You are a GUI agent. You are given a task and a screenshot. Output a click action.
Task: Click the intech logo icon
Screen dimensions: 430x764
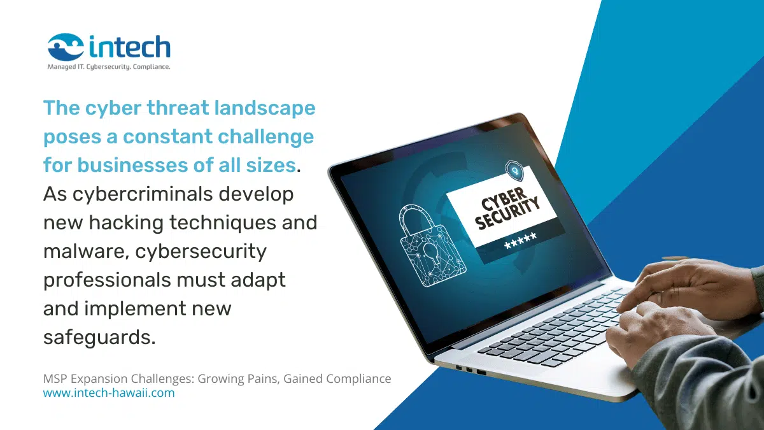pos(66,47)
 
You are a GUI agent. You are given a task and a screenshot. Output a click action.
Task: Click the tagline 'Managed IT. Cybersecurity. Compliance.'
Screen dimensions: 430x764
pos(109,66)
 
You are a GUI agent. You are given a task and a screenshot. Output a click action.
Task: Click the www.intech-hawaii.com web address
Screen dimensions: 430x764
pos(109,393)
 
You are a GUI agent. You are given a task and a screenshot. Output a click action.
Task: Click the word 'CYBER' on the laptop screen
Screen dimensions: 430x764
pos(503,199)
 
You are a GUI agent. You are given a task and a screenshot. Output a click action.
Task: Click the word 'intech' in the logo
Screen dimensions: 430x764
pos(130,47)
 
